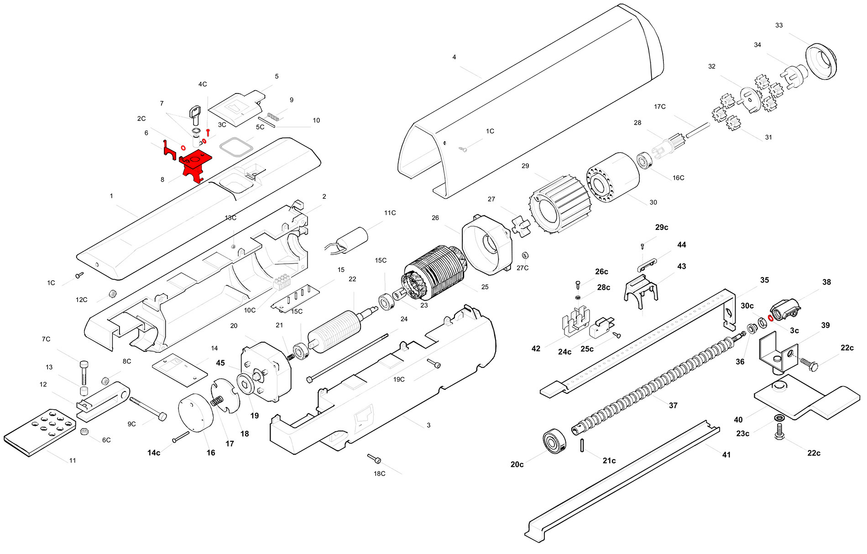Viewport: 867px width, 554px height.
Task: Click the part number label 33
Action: (x=779, y=26)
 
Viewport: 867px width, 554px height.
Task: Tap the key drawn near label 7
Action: (x=195, y=114)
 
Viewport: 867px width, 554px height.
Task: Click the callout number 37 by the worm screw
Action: (x=673, y=405)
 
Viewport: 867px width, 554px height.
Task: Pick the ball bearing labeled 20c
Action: (x=554, y=441)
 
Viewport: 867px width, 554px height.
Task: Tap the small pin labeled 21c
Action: (x=583, y=445)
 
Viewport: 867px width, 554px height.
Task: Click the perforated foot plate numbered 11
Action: (x=40, y=431)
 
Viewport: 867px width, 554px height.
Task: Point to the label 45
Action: (x=220, y=363)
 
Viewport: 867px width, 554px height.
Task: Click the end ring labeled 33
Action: (x=821, y=62)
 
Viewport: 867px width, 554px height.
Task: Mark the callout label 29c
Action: (x=662, y=227)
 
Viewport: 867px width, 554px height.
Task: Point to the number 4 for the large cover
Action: (x=454, y=57)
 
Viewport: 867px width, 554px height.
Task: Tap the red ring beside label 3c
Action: (x=771, y=318)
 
